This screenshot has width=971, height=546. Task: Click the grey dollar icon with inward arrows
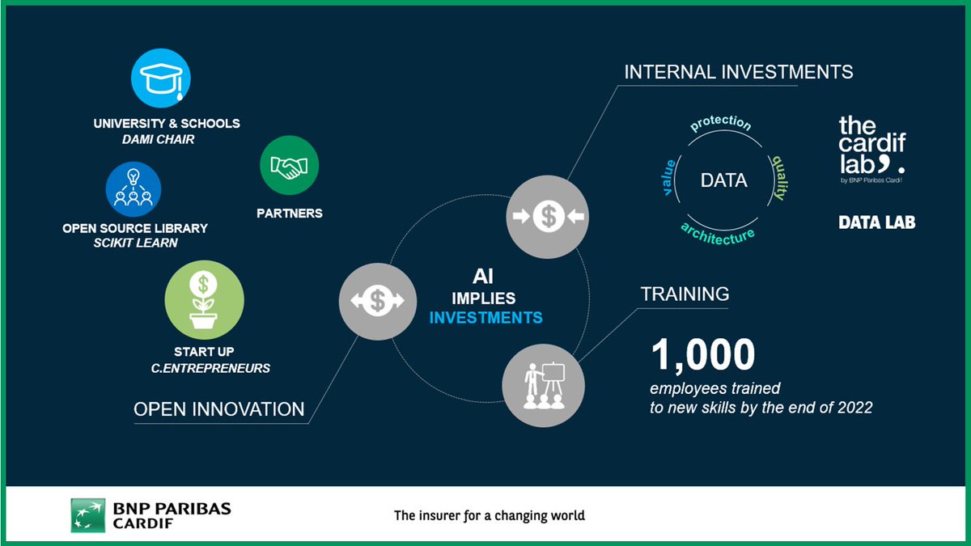(x=548, y=217)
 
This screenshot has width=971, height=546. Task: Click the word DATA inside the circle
(x=723, y=181)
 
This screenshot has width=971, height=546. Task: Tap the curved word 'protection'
(x=721, y=124)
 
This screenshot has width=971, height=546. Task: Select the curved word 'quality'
(x=778, y=178)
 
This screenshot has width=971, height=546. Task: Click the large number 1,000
(x=703, y=354)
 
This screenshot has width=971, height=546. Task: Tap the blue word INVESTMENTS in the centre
(x=485, y=317)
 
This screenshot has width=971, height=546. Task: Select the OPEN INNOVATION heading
(x=218, y=409)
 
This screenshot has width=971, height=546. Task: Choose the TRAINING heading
(x=685, y=294)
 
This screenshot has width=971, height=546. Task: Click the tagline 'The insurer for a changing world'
(x=489, y=515)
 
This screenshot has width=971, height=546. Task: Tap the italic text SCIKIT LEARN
(x=134, y=243)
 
